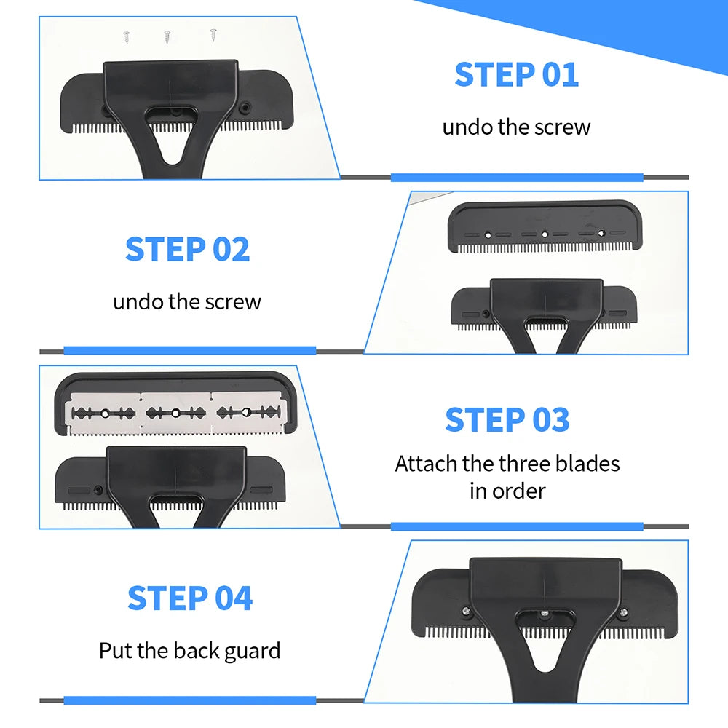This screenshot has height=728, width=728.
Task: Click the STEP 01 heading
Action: pos(516,75)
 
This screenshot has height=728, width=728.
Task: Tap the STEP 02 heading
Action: pos(187,250)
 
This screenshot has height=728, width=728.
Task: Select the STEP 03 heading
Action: pos(507,420)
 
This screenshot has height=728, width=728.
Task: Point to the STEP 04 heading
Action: pos(190,598)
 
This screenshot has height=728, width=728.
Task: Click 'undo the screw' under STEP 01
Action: pos(516,127)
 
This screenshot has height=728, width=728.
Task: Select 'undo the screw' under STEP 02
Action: pos(187,301)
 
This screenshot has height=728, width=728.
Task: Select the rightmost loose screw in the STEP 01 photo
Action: pos(213,33)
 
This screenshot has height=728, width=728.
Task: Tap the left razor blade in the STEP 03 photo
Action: pos(105,413)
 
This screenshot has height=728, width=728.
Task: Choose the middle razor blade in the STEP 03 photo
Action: pos(175,413)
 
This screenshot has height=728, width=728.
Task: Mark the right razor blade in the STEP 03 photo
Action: pos(246,413)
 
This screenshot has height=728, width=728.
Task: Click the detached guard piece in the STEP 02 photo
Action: pos(545,225)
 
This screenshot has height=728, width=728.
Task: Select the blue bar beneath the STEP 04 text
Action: pos(189,700)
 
